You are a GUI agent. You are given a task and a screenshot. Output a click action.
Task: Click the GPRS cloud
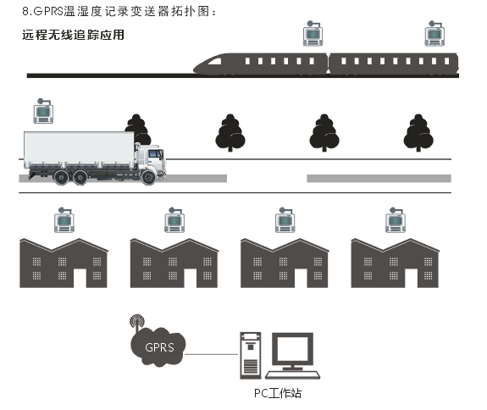click(158, 347)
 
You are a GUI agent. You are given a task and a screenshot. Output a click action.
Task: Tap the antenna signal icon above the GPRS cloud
click(137, 323)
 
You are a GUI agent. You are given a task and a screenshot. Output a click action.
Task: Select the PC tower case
click(251, 356)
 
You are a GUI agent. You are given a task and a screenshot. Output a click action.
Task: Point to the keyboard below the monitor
click(292, 375)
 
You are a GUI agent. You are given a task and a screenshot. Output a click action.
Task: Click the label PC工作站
click(278, 393)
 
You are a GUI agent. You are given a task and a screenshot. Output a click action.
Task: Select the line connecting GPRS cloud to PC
click(212, 354)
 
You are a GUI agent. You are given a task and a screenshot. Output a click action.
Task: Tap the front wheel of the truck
click(148, 177)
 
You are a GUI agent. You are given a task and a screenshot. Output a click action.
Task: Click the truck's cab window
click(155, 153)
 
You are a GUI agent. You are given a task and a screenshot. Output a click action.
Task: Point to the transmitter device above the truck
click(43, 111)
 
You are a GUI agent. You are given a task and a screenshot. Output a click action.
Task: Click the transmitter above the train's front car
click(313, 34)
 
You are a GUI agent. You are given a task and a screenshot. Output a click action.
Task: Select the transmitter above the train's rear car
click(434, 34)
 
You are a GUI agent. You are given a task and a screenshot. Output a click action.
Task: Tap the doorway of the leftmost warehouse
click(80, 278)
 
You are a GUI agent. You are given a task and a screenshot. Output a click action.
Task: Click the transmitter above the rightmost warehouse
click(396, 220)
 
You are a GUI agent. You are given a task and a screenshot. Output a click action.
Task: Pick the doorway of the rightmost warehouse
click(412, 278)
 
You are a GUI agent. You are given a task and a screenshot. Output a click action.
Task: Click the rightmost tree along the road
click(418, 133)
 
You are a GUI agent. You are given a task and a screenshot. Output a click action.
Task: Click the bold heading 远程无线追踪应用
click(74, 35)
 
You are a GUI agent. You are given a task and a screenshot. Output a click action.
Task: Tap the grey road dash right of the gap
click(379, 178)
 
